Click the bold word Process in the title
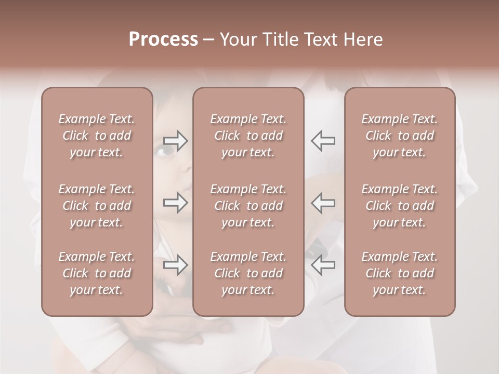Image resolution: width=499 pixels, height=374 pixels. (163, 39)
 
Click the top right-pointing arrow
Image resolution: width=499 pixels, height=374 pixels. (175, 141)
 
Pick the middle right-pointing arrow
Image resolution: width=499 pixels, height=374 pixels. (175, 202)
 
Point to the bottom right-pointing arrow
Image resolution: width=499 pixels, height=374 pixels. (175, 265)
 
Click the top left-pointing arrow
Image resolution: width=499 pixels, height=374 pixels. (323, 141)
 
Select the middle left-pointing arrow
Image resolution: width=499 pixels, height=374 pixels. (323, 202)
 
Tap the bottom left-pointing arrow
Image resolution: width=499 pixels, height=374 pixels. (323, 265)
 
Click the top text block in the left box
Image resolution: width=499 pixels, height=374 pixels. (97, 136)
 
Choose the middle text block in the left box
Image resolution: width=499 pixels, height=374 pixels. (97, 206)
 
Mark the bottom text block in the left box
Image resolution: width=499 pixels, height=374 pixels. (97, 273)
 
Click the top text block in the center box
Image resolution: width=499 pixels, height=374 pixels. (248, 136)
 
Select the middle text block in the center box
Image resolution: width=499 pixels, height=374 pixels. (248, 206)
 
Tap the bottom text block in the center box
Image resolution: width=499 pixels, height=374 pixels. (248, 273)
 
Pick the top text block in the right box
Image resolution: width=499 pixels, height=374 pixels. (399, 136)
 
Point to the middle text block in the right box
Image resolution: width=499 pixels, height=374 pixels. (399, 206)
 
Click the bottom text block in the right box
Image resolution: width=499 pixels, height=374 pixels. (399, 273)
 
